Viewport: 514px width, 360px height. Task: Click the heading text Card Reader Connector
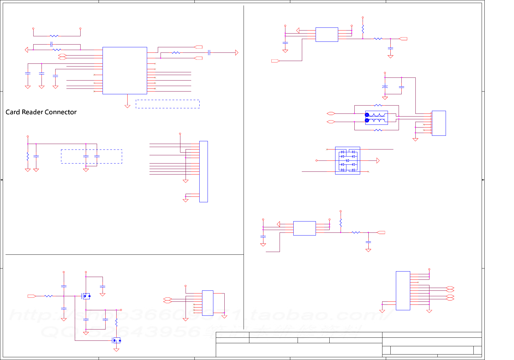click(41, 112)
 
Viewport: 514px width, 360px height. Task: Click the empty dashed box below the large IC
click(168, 104)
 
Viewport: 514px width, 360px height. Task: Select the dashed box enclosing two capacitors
click(91, 156)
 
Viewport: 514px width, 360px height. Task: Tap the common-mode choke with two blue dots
click(376, 117)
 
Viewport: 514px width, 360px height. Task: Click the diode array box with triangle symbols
click(347, 160)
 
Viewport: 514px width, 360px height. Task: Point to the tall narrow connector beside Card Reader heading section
click(203, 171)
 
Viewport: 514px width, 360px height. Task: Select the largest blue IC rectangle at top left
click(125, 70)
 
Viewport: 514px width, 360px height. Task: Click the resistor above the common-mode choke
click(378, 105)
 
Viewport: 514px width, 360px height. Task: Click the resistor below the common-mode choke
click(378, 130)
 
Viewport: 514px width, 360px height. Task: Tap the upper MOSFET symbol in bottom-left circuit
click(86, 296)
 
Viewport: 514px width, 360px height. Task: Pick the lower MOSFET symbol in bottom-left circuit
click(117, 340)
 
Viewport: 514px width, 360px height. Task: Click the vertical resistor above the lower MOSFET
click(116, 322)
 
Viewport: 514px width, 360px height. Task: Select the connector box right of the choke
click(439, 123)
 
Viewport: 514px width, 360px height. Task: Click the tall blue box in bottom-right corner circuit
click(403, 290)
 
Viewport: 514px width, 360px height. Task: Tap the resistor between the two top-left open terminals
click(54, 36)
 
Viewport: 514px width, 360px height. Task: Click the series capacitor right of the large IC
click(209, 53)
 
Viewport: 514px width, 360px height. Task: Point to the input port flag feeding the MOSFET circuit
click(32, 296)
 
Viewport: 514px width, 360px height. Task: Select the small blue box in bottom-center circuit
click(208, 303)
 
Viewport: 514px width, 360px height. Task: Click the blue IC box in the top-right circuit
click(327, 34)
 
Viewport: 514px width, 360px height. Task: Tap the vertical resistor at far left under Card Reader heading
click(28, 157)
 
